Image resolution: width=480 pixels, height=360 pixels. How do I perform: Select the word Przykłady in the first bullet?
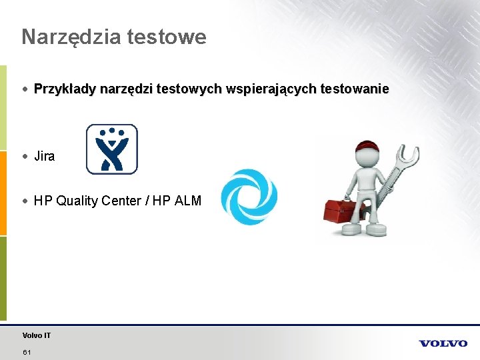point(65,89)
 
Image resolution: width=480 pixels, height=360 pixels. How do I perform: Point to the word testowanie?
point(355,89)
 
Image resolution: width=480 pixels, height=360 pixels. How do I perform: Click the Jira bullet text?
point(44,157)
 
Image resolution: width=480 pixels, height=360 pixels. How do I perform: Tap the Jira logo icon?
point(112,149)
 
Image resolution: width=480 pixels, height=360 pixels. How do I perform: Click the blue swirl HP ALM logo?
point(249,197)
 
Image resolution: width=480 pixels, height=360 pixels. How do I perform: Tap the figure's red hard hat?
point(366,148)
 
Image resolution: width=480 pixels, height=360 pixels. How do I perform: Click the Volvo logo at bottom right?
point(443,343)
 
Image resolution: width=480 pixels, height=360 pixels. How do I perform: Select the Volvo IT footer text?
point(37,335)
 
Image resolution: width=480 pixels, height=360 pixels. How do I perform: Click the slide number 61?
point(27,351)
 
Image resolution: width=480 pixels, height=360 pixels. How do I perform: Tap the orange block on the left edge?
point(3,193)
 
